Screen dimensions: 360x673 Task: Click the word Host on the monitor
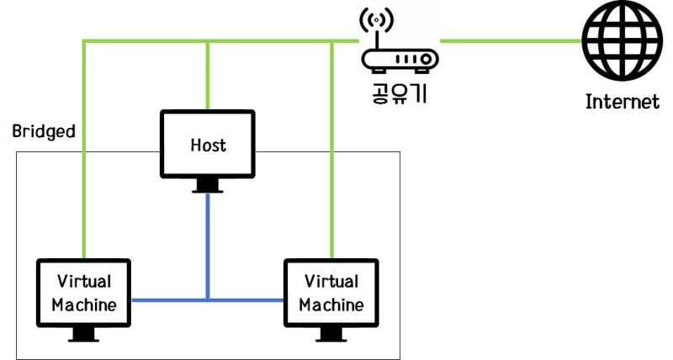pos(208,146)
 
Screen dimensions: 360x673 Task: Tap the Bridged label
pos(44,131)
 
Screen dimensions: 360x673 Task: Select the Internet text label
pos(623,103)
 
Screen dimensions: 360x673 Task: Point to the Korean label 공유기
pos(400,90)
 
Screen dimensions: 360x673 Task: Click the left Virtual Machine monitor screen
pos(84,293)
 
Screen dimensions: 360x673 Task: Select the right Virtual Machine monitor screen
pos(331,293)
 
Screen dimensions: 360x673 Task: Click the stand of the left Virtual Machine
pos(84,335)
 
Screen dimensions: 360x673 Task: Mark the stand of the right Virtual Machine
pos(331,335)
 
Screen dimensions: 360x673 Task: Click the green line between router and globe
pos(509,40)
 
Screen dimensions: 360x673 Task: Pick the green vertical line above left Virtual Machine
pos(84,151)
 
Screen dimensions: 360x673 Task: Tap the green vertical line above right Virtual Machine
pos(331,151)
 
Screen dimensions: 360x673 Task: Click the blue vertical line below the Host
pos(208,244)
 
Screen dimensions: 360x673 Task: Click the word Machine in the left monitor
pos(84,304)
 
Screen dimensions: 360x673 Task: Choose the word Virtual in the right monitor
pos(331,281)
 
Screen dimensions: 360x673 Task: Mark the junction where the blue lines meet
pos(208,299)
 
